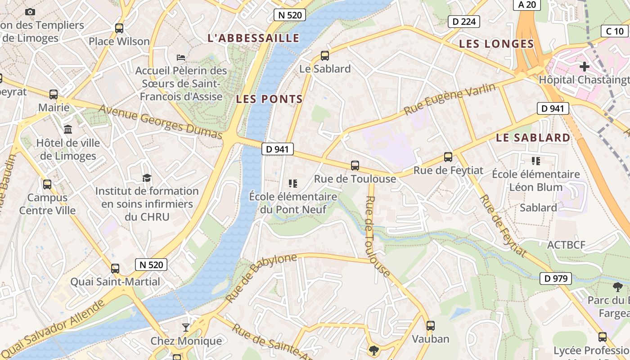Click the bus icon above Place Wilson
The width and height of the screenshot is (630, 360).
(119, 28)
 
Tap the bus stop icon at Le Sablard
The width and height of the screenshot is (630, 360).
(324, 56)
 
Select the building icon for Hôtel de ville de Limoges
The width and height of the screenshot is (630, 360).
(68, 130)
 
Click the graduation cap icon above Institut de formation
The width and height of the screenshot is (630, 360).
(147, 178)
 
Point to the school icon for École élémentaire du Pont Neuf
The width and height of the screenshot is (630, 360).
(293, 183)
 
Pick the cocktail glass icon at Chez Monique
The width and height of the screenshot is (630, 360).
(185, 327)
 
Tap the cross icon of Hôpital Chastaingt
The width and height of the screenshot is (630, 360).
(584, 67)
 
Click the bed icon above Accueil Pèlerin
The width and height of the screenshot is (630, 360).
(181, 57)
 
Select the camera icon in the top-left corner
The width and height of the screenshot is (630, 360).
(30, 12)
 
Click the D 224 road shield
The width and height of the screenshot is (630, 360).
(464, 21)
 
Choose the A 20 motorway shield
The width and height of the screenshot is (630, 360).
(527, 4)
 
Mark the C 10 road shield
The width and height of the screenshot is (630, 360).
(615, 31)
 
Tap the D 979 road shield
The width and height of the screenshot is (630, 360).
(556, 279)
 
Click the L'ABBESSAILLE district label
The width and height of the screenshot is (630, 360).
(253, 38)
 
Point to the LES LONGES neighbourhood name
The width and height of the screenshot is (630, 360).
(496, 44)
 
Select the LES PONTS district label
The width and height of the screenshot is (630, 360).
(269, 99)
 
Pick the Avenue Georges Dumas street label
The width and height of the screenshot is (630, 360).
(160, 121)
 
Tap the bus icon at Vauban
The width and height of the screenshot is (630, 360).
(431, 325)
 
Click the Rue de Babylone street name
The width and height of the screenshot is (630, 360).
(261, 277)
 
